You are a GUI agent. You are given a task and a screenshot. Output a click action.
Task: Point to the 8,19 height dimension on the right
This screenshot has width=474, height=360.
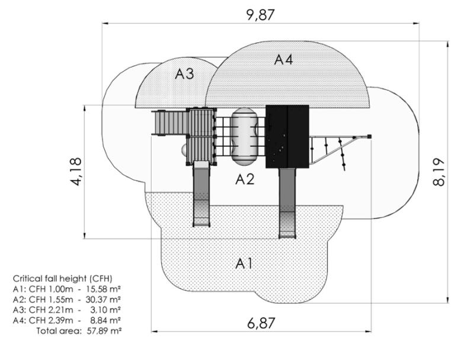[x=439, y=172]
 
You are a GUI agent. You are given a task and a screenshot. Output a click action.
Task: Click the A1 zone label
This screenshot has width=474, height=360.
[x=244, y=263]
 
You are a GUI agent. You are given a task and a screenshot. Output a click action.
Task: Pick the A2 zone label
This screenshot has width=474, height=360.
[x=244, y=179]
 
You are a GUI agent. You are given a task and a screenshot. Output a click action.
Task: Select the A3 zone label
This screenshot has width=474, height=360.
[x=184, y=74]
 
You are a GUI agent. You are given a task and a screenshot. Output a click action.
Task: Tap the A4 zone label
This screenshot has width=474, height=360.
[x=283, y=59]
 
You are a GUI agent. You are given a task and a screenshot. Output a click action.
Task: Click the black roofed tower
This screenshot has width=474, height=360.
[x=287, y=136]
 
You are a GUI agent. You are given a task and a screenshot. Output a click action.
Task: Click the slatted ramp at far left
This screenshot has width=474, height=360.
[x=170, y=123]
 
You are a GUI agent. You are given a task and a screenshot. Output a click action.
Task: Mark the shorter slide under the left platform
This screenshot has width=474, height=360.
[x=202, y=195]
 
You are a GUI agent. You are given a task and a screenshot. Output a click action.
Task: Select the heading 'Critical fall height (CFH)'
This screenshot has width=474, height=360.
[x=62, y=278]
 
